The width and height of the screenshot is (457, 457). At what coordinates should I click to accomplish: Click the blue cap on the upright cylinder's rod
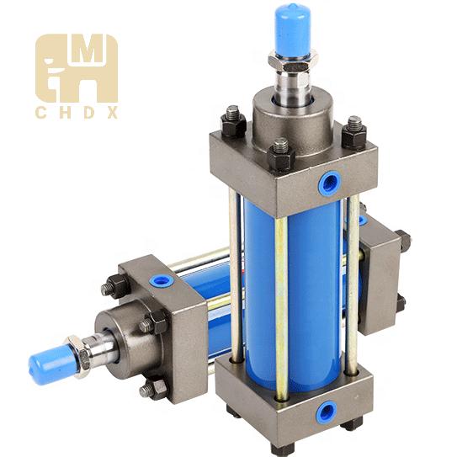[x=294, y=30]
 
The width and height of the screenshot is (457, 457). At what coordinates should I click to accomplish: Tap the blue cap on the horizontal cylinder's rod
[x=50, y=362]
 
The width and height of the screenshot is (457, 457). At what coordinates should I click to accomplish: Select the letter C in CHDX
[x=40, y=113]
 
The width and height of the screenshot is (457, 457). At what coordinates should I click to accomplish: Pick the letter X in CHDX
[x=112, y=113]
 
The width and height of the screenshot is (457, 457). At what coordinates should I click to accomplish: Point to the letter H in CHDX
[x=65, y=113]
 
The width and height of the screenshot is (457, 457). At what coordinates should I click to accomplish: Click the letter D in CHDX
[x=88, y=113]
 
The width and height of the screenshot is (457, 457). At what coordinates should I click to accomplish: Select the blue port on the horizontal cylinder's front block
[x=162, y=280]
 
